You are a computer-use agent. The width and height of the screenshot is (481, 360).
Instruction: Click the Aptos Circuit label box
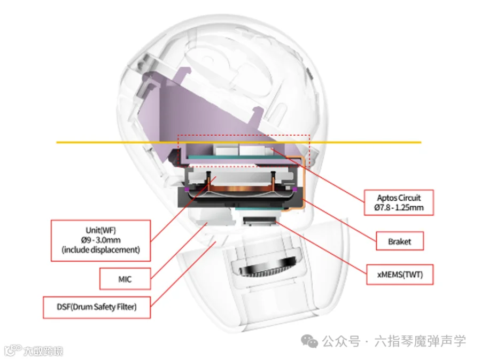point(399,202)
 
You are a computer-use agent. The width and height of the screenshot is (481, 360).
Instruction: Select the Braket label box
point(400,241)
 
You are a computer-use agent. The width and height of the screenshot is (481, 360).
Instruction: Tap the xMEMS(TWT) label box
point(400,275)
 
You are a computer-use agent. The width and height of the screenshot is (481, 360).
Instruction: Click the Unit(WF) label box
point(100,240)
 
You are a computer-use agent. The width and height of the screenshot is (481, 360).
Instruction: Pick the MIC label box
point(125,279)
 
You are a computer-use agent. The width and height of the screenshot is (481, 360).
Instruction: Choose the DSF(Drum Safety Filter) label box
point(97,307)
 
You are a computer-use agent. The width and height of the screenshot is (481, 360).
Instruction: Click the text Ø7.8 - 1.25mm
point(399,208)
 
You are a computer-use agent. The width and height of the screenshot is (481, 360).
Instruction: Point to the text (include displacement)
point(100,250)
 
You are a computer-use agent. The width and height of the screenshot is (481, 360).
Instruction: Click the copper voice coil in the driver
point(241,189)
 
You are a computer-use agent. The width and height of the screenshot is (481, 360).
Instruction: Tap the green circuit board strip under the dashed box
point(238,156)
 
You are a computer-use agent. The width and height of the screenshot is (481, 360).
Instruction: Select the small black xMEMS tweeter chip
point(259,221)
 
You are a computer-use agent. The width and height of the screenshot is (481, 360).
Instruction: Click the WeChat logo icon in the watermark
point(309,341)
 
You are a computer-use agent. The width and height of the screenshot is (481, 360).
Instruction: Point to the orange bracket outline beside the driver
point(304,184)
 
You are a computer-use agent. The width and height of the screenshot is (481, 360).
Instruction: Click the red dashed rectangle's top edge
point(244,135)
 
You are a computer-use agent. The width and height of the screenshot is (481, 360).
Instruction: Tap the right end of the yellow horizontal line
point(421,142)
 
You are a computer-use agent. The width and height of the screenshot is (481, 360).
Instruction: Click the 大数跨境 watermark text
point(43,351)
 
